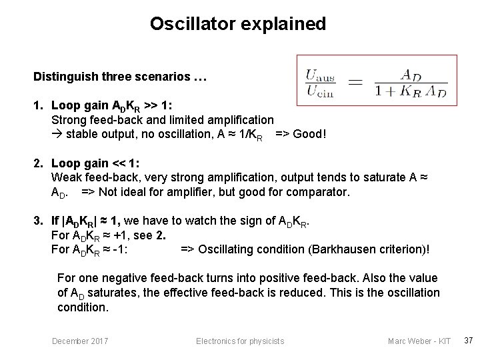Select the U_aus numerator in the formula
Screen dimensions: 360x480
coord(319,76)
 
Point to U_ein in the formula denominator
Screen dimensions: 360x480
coord(319,91)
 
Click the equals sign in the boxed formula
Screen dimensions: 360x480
coord(357,83)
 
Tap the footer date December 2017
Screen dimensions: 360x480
coord(81,341)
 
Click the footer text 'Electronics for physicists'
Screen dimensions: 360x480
coord(240,341)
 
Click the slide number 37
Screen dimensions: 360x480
coord(468,341)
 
